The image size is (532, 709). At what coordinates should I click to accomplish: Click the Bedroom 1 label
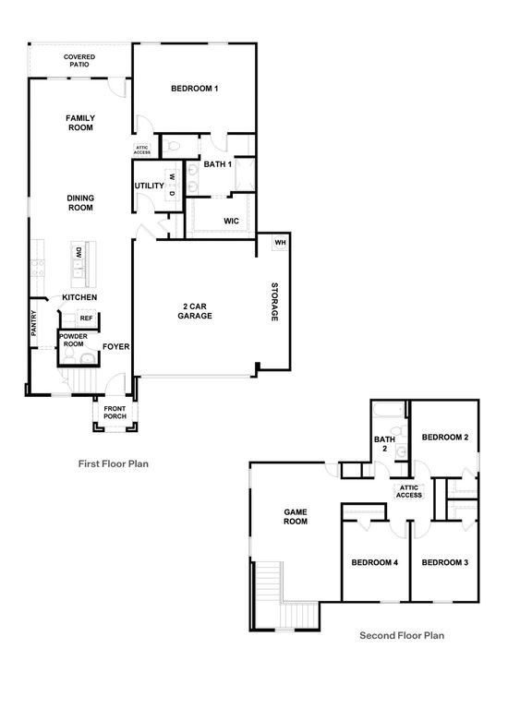pos(195,89)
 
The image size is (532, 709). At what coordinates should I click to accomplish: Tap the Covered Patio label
pos(79,61)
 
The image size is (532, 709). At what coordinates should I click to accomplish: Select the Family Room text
pos(80,123)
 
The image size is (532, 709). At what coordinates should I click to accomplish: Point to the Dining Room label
pos(80,203)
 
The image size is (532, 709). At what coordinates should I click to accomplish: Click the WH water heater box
pos(281,243)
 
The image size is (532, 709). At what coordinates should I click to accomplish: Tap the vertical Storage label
pos(274,302)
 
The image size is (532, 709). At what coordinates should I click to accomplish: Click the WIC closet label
pos(232,221)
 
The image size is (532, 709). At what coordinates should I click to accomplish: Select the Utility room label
pos(149,186)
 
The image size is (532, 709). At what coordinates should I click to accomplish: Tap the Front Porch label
pos(115,413)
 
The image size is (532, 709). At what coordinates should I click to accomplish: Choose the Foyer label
pos(115,347)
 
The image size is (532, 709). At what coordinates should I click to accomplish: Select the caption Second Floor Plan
pos(402,635)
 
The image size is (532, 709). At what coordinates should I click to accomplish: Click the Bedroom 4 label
pos(374,562)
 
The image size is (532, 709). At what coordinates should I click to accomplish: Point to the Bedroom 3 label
pos(445,562)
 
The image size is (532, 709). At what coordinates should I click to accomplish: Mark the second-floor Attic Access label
pos(408,491)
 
